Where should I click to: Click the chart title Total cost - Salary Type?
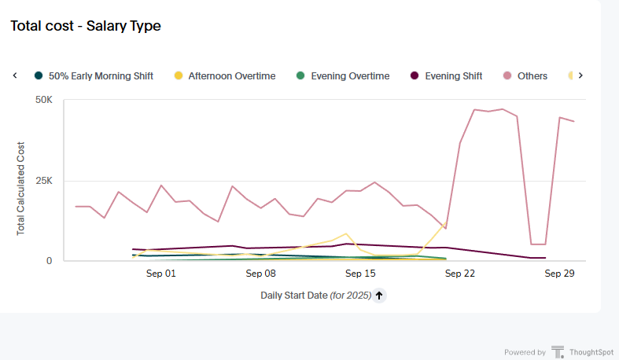(85, 26)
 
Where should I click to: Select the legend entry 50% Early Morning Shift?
(101, 76)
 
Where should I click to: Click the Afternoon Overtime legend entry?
(231, 76)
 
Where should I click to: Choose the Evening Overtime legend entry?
(350, 76)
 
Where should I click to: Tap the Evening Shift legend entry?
(453, 76)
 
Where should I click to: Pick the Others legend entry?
(532, 76)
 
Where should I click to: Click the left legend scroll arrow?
(15, 75)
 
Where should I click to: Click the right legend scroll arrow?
(580, 75)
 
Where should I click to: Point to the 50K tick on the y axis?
(44, 101)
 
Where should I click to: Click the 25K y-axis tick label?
(44, 181)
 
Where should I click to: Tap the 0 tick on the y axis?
(49, 261)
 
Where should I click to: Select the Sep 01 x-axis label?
(161, 274)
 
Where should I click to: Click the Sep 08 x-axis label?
(261, 274)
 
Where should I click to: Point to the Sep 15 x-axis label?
(360, 274)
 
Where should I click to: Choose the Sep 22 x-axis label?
(460, 274)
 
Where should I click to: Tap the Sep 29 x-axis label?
(559, 274)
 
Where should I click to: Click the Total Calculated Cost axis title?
(21, 189)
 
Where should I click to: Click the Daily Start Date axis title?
(315, 296)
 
